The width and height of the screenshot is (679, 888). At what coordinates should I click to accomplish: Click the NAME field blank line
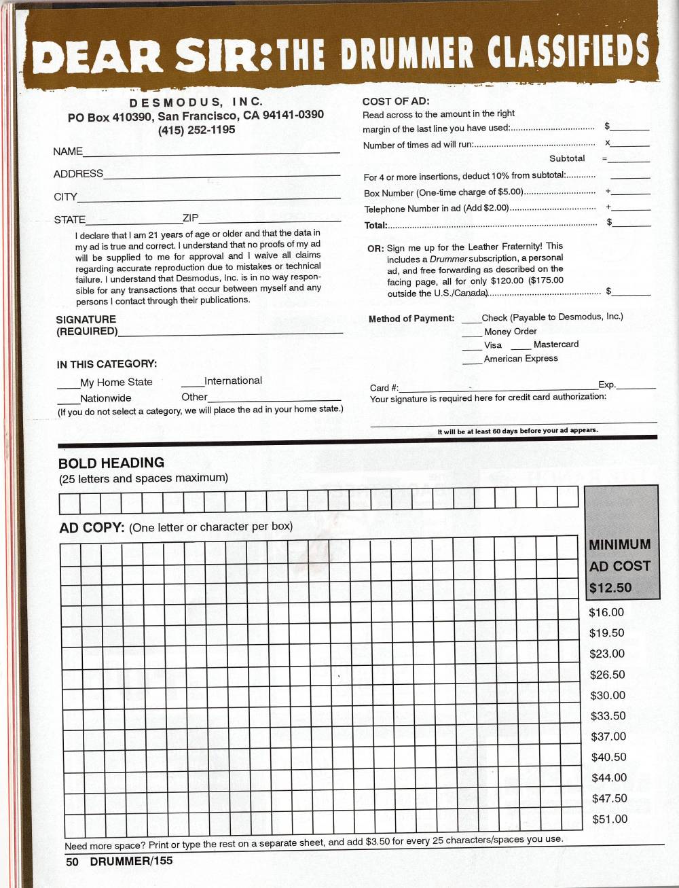pos(210,152)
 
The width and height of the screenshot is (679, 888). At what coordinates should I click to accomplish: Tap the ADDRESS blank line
pos(221,175)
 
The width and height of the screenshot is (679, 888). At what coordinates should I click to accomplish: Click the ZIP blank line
pos(270,219)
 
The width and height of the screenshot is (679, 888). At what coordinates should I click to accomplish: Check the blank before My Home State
pos(68,385)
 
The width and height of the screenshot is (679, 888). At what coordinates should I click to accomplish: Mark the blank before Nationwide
pos(68,401)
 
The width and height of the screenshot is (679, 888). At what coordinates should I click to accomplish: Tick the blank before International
pos(192,383)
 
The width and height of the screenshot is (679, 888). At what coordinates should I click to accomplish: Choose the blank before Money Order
pos(472,334)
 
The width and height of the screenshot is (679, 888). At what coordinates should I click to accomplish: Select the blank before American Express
pos(472,361)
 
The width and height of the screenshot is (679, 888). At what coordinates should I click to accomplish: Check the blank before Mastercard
pos(521,347)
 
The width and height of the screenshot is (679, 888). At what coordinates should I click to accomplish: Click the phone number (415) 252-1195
pos(196,130)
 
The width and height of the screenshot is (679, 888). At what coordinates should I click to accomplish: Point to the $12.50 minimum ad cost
pos(610,588)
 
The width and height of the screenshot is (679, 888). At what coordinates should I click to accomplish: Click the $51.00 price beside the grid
pos(610,819)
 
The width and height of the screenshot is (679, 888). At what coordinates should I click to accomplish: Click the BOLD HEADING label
pos(111,463)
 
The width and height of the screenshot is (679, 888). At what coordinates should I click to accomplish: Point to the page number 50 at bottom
pos(72,862)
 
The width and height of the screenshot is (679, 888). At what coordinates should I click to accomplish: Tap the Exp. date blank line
pos(636,386)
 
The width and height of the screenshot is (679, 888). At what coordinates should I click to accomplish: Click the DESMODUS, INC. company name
pos(196,102)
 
